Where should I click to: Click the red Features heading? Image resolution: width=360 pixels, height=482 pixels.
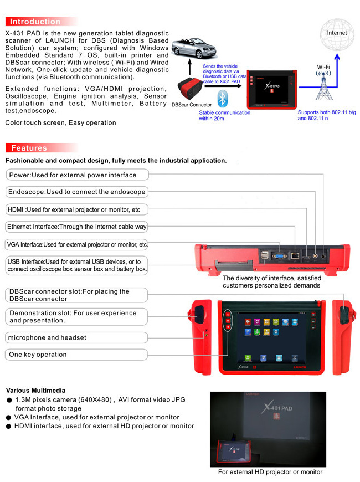pos(29,148)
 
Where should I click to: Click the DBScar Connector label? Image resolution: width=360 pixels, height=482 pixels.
pos(192,104)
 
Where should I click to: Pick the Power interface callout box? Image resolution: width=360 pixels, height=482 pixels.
pos(76,175)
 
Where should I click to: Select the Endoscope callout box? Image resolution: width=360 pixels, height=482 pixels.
pos(76,192)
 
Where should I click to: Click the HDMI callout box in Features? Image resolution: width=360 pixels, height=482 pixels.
pos(76,209)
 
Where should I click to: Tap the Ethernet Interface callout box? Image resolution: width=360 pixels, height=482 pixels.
pos(76,227)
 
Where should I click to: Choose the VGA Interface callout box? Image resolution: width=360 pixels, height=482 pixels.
pos(76,244)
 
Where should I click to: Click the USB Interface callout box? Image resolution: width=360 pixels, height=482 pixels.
pos(76,265)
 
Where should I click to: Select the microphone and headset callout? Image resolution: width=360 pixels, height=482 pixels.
pos(76,337)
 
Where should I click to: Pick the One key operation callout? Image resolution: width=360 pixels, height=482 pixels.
pos(76,355)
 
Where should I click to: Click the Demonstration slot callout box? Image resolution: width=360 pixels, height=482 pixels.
pos(76,317)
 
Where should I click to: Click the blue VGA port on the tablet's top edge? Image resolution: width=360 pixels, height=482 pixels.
pos(280,256)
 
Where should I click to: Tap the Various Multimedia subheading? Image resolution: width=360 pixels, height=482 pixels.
pos(35,391)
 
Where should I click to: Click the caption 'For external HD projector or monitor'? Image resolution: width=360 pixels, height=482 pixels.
pos(270,472)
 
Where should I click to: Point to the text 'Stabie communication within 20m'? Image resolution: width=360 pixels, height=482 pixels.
pos(224,115)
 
